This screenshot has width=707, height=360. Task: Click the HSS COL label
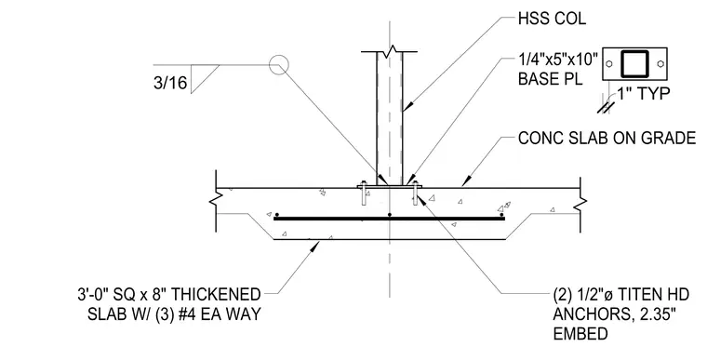pos(552,19)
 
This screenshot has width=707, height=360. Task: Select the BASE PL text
pos(550,78)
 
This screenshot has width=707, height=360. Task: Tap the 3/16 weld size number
pos(170,83)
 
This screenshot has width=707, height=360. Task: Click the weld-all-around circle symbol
pos(279,64)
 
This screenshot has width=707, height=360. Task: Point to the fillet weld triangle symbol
pos(202,77)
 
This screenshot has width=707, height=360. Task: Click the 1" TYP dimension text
pos(643,93)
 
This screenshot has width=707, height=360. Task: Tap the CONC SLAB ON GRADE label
pos(607,138)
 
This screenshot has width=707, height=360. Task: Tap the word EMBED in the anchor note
pos(580,334)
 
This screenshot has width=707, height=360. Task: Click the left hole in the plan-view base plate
pos(609,64)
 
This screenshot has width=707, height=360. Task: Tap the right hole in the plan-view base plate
pos(660,64)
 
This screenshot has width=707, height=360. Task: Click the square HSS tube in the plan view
pos(634,52)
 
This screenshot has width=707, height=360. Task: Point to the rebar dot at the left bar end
pos(277,215)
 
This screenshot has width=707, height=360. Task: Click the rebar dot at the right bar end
pos(501,215)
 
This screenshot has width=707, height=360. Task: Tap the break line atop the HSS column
pos(390,50)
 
